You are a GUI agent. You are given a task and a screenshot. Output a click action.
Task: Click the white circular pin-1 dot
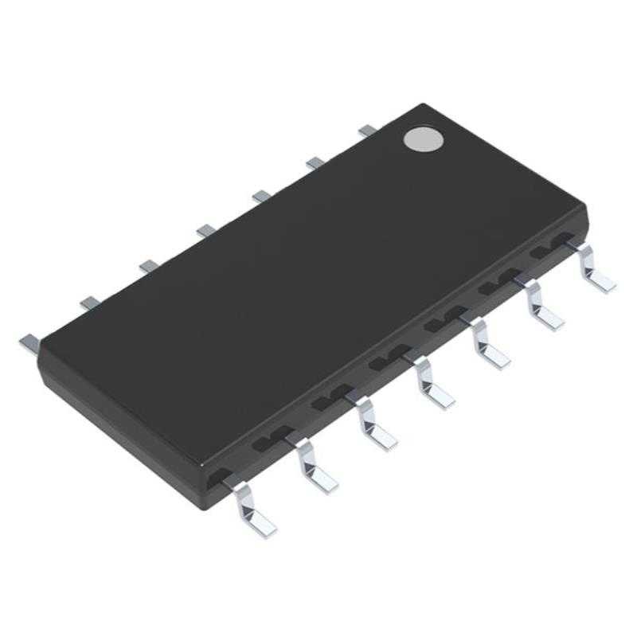point(424,139)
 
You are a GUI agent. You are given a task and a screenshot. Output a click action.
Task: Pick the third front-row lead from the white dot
point(490,346)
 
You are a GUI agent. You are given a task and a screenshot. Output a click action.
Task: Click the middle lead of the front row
point(434,387)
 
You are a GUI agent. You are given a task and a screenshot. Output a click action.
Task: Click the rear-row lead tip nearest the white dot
point(367,129)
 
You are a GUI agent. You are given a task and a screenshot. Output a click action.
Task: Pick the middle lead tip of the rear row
point(206,230)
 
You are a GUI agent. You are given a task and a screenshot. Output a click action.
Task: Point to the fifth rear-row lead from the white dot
point(148,265)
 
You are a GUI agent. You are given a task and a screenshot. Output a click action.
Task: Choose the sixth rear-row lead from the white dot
point(89,302)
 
